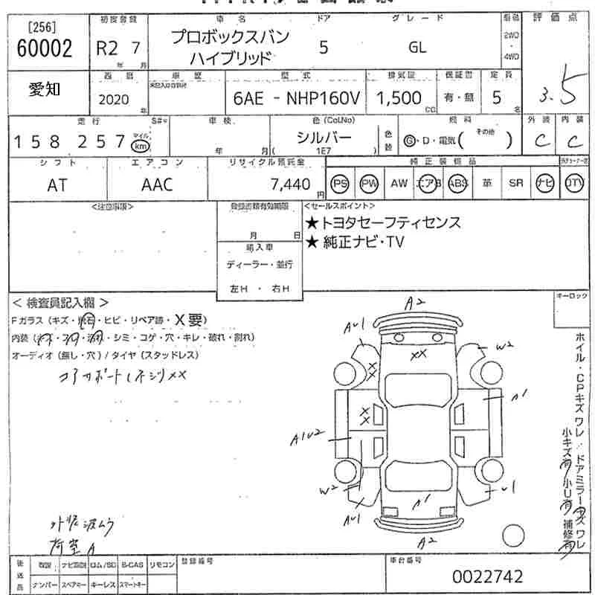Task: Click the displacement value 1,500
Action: coord(399,98)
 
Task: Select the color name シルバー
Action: coord(324,137)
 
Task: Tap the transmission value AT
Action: coord(57,185)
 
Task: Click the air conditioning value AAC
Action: coord(157,185)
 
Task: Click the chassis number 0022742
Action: coord(487,576)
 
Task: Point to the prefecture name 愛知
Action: coord(45,89)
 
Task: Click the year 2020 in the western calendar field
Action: coord(113,100)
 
